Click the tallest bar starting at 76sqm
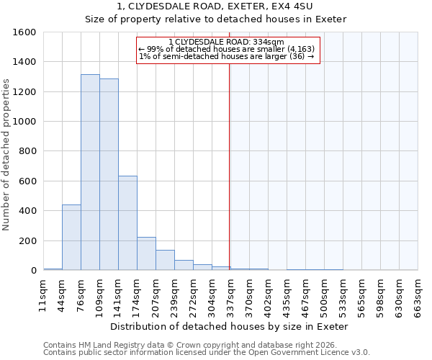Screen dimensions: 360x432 [90, 173]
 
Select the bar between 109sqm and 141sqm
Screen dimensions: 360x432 [109, 175]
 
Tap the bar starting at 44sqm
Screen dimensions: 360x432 [71, 238]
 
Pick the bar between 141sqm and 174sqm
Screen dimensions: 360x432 [127, 223]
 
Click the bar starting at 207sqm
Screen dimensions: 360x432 [165, 260]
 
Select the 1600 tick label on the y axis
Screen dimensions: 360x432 [24, 32]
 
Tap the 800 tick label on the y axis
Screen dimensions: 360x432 [27, 151]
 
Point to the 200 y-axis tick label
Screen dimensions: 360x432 [27, 240]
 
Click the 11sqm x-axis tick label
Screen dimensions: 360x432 [43, 296]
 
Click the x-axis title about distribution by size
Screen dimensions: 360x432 [230, 326]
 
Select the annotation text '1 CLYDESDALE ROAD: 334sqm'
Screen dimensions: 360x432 [226, 42]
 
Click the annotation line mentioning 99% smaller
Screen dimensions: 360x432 [226, 49]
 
